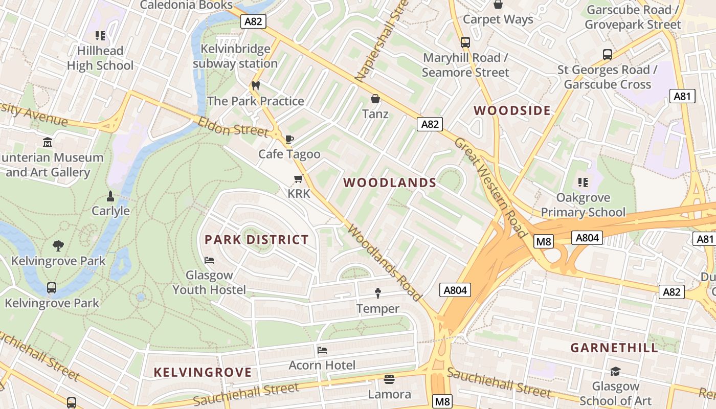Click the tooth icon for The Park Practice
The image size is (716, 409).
tap(256, 85)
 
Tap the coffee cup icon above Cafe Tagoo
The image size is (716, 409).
tap(289, 139)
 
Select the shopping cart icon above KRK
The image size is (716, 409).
tap(299, 178)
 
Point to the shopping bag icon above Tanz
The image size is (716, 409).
tap(375, 98)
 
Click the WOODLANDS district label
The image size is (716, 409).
tap(390, 183)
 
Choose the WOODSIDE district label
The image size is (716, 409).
tap(512, 110)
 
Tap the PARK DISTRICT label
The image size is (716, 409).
tap(257, 239)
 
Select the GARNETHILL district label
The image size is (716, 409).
tap(614, 348)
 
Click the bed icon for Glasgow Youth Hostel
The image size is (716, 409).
tap(209, 260)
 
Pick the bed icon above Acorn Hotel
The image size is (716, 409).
tap(322, 350)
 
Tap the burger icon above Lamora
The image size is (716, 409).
tap(389, 379)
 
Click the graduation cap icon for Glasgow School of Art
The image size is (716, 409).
tap(616, 371)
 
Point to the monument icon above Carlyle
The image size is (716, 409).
tap(110, 196)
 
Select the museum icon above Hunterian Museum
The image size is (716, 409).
tap(48, 142)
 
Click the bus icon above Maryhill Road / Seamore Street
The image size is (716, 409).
tap(465, 42)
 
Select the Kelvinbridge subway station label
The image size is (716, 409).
tap(235, 56)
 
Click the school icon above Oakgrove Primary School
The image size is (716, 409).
tap(583, 182)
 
